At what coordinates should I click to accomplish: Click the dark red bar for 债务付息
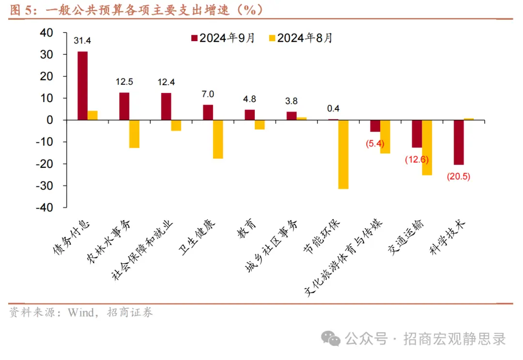[82, 86]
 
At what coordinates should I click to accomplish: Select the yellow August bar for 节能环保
[343, 154]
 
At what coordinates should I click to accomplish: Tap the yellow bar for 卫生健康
[218, 139]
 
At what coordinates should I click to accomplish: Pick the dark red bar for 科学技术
[459, 142]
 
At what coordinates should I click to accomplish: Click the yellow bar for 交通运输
[427, 148]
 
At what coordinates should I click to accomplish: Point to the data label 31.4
[82, 41]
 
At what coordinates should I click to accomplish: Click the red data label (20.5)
[458, 177]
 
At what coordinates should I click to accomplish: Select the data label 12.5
[124, 82]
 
